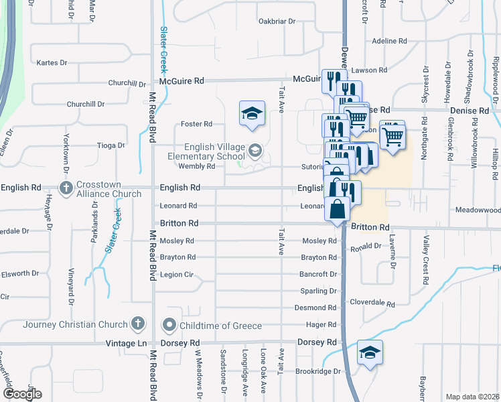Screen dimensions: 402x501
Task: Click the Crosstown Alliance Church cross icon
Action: tap(66, 188)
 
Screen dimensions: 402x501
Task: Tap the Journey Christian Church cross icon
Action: tap(137, 324)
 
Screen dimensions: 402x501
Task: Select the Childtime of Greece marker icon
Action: tap(169, 326)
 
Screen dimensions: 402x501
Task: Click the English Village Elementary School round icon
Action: tap(255, 150)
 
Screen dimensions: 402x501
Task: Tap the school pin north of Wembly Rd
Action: tap(253, 114)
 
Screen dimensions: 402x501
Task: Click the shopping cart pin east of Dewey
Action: tap(392, 135)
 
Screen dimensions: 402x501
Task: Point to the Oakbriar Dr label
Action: tap(277, 21)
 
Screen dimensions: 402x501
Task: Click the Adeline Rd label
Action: tap(390, 41)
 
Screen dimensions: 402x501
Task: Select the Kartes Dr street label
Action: tap(53, 63)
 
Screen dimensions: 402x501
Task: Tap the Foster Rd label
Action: tap(197, 124)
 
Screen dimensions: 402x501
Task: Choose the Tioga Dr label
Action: tap(111, 145)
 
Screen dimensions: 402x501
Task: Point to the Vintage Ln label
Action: tap(126, 343)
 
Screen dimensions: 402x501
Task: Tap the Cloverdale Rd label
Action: tap(372, 302)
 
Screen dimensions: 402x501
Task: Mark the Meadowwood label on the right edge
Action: tap(478, 210)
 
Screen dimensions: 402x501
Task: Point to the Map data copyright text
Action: tap(473, 397)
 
